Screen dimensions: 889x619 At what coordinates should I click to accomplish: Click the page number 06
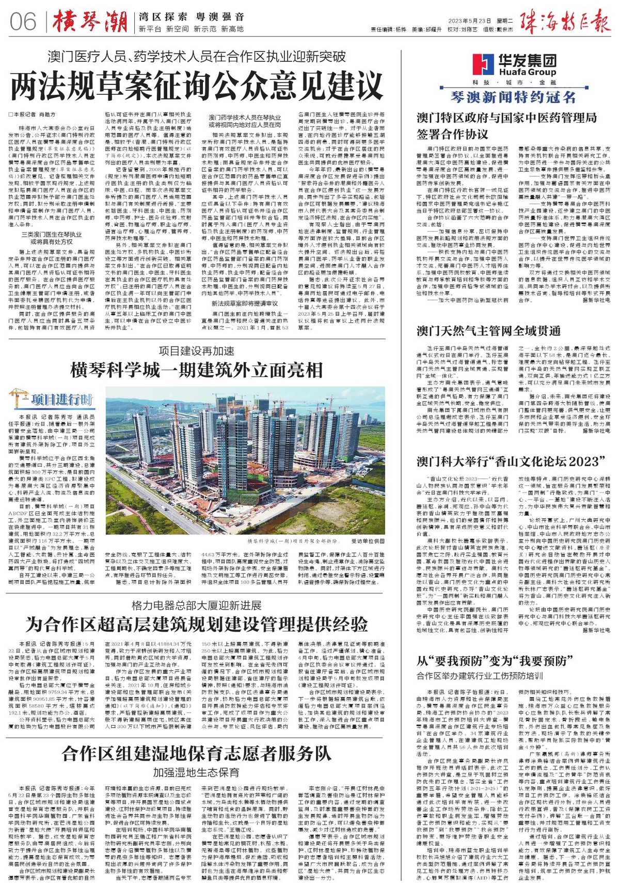tap(23, 22)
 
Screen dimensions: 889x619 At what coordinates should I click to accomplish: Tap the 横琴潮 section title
tap(90, 22)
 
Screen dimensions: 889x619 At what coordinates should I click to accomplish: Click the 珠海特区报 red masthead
tap(566, 21)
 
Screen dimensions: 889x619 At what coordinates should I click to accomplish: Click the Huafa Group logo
tap(514, 65)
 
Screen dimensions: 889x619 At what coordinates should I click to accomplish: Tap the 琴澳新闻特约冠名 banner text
tap(513, 97)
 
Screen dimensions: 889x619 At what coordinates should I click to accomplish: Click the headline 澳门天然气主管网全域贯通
tap(488, 331)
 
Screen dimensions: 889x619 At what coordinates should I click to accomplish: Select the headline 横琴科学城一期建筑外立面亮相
tap(196, 370)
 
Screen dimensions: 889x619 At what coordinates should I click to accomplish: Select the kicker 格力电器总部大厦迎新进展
tap(196, 604)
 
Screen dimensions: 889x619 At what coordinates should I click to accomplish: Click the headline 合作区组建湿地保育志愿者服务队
tap(196, 754)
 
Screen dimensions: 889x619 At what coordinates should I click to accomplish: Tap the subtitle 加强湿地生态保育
tap(196, 772)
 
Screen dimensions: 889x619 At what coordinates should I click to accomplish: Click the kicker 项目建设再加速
tap(196, 351)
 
